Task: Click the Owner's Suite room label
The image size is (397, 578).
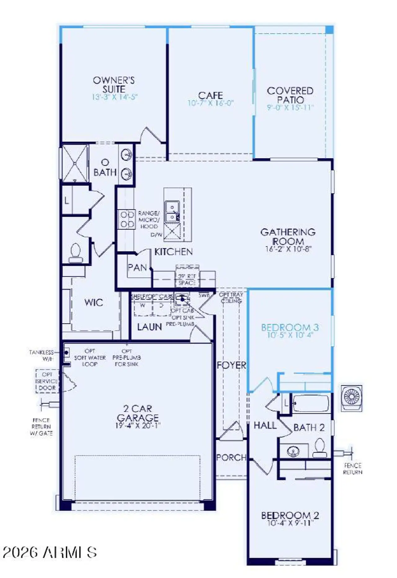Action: tap(114, 85)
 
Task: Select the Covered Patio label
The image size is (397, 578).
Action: tap(290, 95)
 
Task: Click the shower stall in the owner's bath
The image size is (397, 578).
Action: tap(75, 163)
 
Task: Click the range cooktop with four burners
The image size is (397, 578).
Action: tap(127, 219)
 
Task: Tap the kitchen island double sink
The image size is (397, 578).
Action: tap(172, 212)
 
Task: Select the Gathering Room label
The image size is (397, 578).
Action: tap(288, 236)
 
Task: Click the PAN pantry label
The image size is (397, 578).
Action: tap(137, 267)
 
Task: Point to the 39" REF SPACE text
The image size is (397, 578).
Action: tap(187, 279)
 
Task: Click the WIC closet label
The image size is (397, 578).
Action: tap(94, 302)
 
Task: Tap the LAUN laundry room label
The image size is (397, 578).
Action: tap(149, 327)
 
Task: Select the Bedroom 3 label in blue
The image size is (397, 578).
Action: tap(290, 327)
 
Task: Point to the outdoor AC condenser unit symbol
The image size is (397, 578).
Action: tap(351, 398)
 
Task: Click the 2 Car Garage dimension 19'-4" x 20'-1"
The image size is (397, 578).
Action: tap(138, 426)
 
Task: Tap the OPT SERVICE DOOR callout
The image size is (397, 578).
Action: tap(47, 381)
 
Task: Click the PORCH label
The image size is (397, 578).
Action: tap(231, 457)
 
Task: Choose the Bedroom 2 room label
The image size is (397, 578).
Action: tap(290, 516)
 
